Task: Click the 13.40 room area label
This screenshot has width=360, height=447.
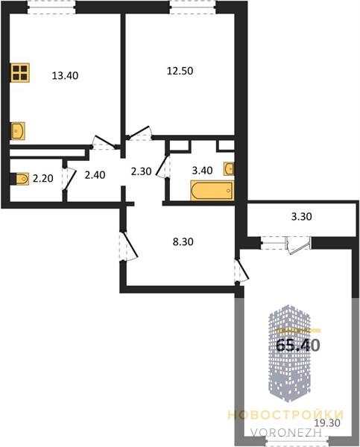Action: coord(65,75)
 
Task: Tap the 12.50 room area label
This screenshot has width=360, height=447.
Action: coord(180,71)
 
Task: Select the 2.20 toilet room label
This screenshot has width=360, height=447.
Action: coord(42,179)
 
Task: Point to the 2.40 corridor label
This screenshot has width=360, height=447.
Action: coord(95,175)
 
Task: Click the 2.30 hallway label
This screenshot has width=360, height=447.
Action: coord(141,171)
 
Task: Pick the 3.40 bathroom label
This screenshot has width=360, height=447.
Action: coord(202,171)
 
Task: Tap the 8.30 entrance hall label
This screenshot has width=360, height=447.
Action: coord(183,241)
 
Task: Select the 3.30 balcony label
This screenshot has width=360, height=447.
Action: coord(302,217)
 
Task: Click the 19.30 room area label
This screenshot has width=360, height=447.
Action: coord(328,422)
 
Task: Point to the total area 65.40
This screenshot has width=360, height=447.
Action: coord(298,345)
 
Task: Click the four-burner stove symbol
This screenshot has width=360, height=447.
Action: coord(20,72)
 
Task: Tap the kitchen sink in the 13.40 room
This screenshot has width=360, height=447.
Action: coord(18,131)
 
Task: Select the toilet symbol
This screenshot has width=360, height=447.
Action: coord(20,179)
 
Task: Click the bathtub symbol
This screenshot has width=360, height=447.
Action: coord(212,191)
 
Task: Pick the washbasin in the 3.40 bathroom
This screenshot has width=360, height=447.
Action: coord(229,169)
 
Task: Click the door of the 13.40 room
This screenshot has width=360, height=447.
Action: coord(104,142)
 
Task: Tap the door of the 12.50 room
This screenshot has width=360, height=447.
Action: coord(139,133)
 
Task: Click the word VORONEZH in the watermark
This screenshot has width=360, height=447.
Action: coord(286,432)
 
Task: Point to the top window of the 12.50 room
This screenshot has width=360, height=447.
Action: coord(193,7)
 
